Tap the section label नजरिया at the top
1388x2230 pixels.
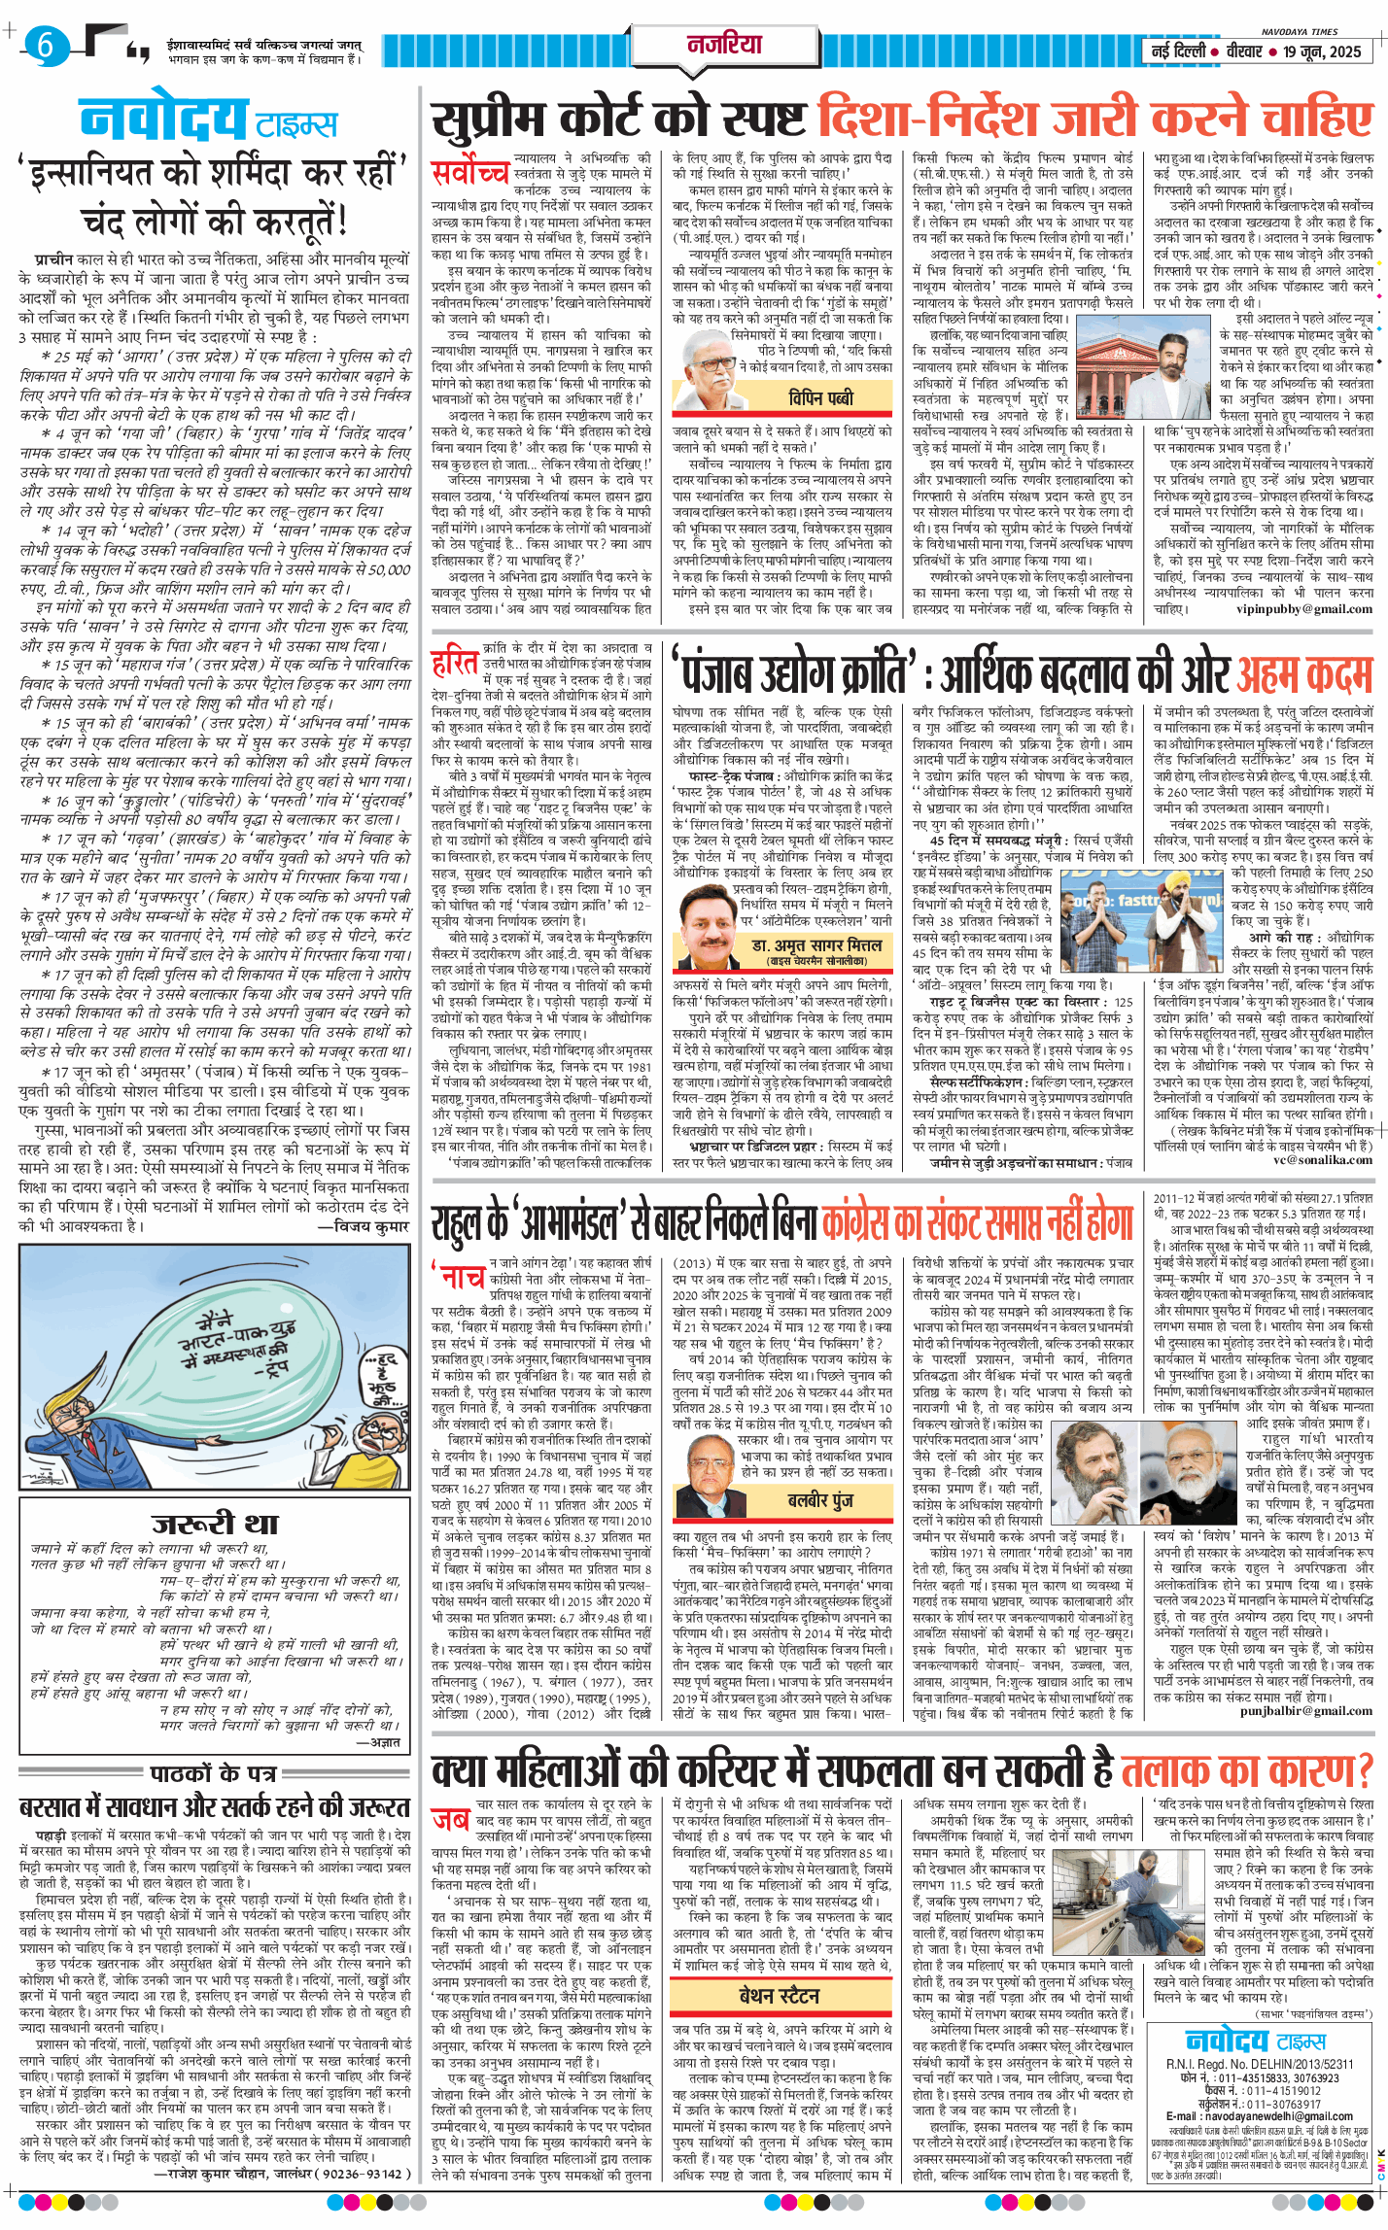[x=724, y=44]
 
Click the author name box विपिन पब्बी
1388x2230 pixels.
[x=820, y=398]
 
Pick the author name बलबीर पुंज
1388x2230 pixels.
[x=819, y=1500]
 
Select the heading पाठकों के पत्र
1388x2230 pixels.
[x=214, y=1772]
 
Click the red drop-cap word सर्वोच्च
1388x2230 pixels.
[x=470, y=173]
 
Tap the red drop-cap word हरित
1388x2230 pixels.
[x=455, y=664]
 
